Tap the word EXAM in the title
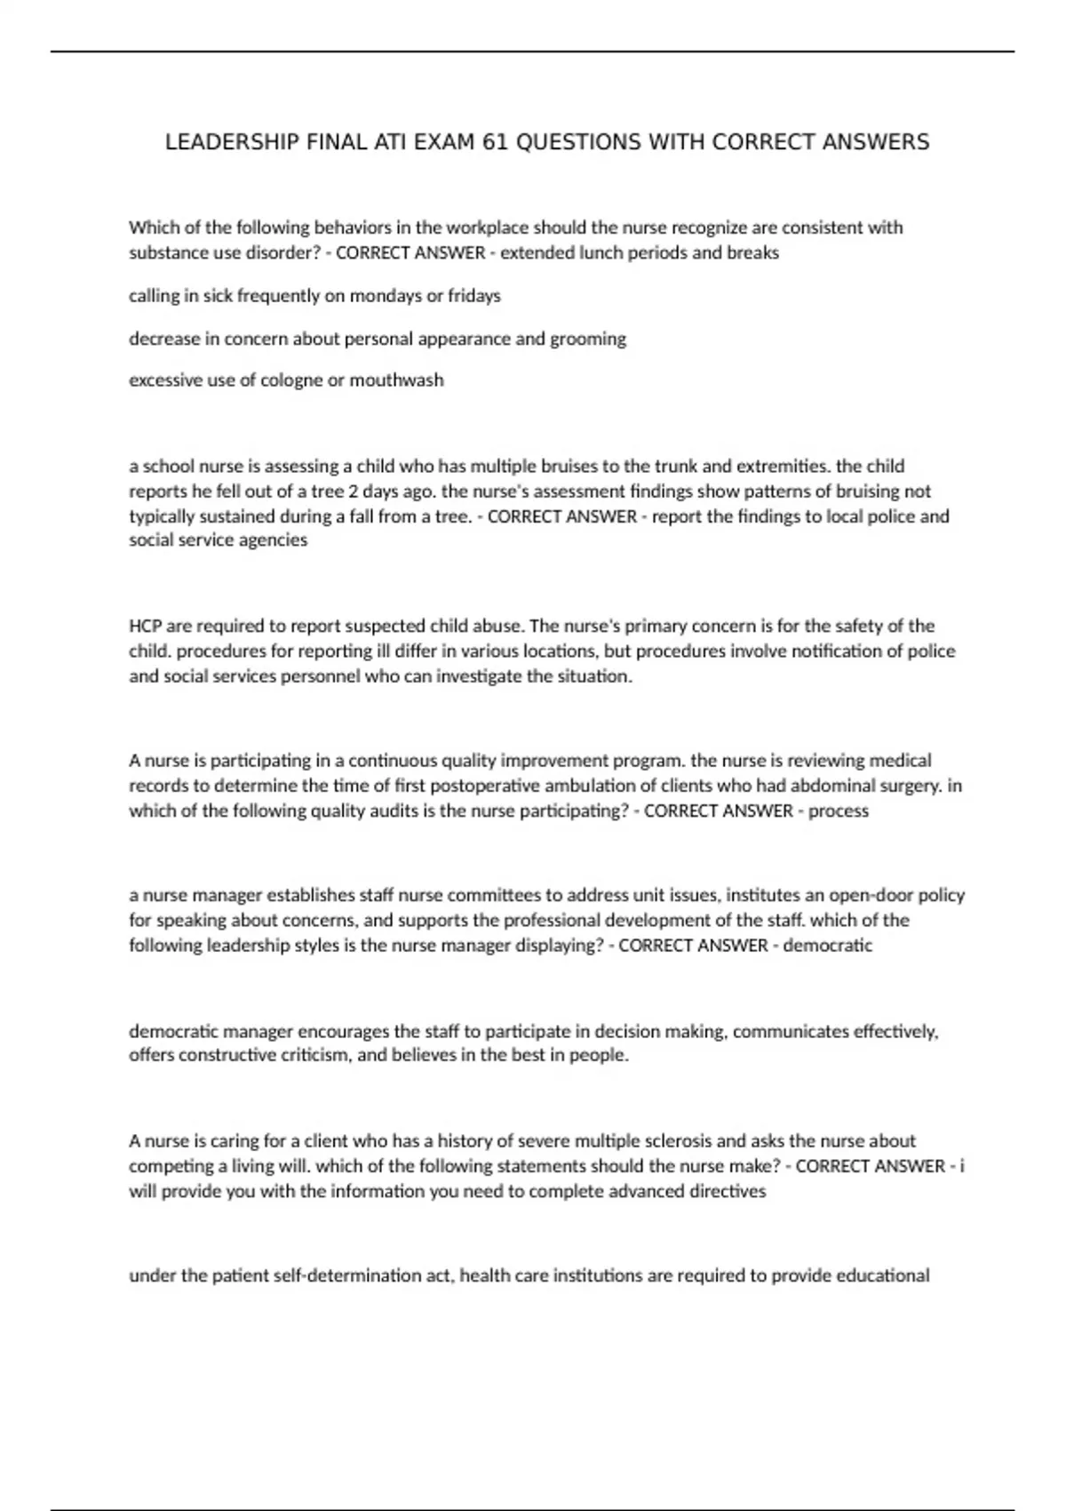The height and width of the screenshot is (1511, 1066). (444, 142)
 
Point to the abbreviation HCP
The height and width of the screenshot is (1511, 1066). (145, 626)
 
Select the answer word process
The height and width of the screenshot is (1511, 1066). (839, 811)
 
